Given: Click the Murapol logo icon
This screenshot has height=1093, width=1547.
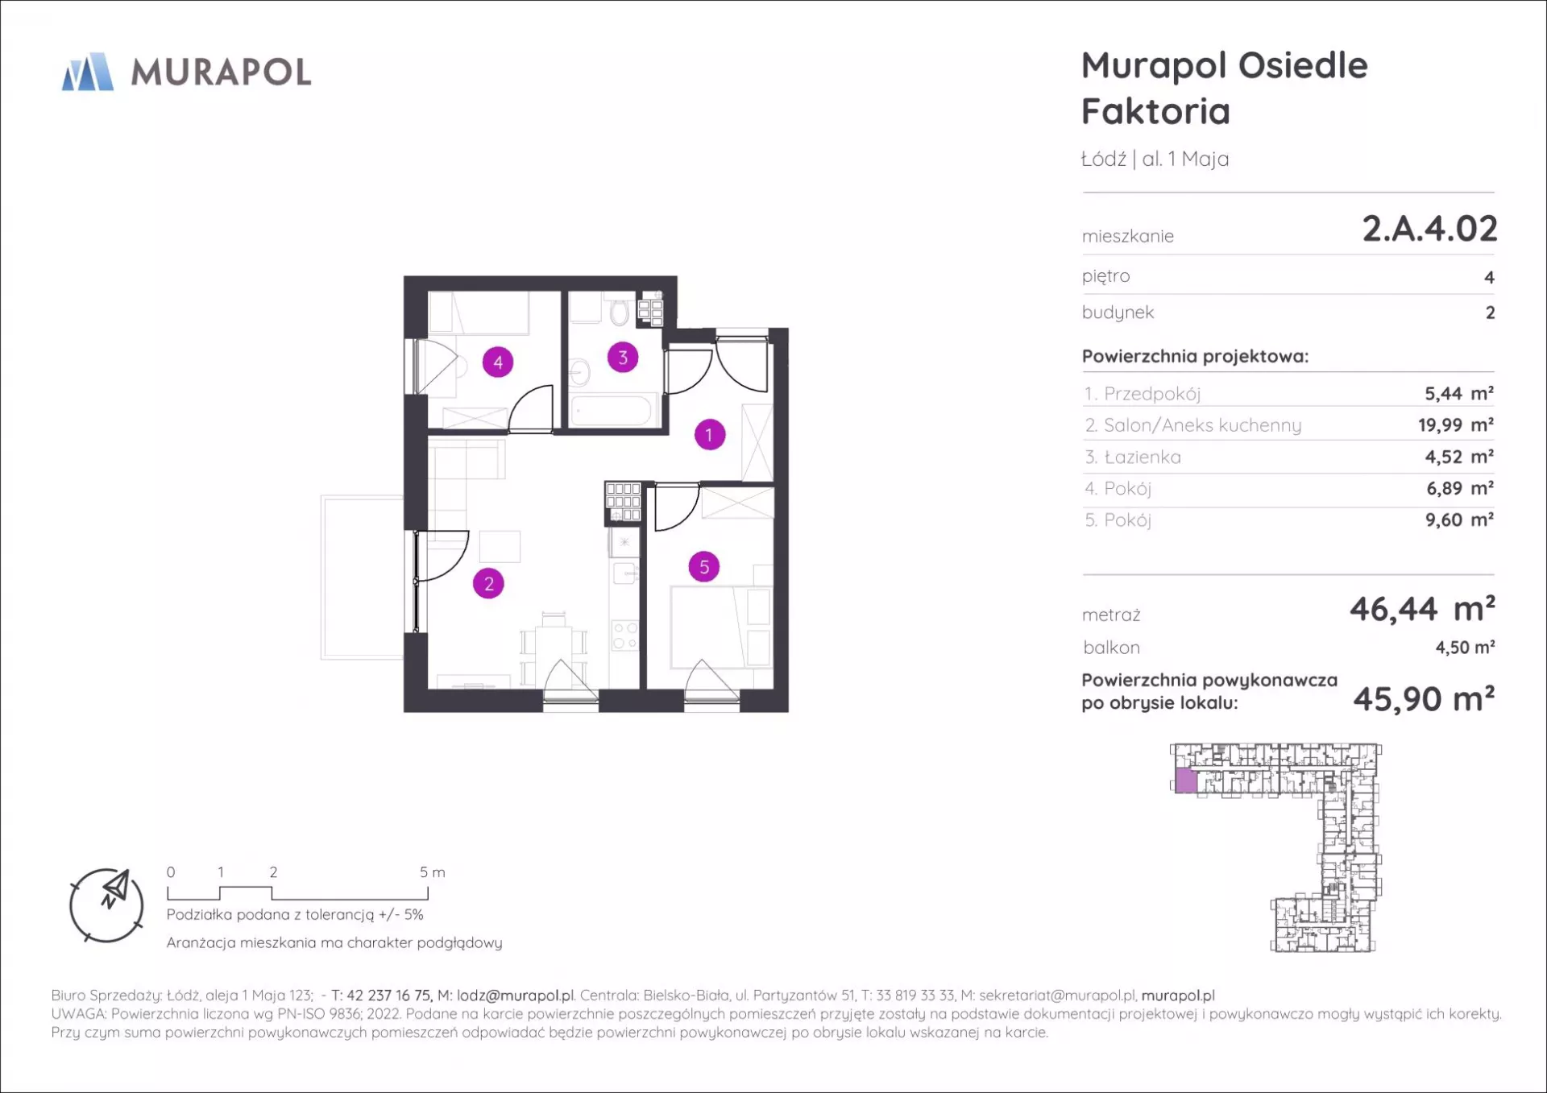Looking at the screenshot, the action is [x=88, y=72].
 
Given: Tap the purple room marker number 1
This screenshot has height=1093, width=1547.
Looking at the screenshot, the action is [x=709, y=435].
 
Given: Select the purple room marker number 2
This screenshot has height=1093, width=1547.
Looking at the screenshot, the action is [x=488, y=583].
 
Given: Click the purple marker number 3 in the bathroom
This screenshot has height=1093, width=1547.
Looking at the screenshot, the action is [x=622, y=357].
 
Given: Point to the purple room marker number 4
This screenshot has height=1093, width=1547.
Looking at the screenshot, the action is [x=498, y=362].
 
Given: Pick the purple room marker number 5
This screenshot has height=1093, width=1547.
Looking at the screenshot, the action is [x=704, y=567].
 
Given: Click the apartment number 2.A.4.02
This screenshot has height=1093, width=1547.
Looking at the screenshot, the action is [x=1429, y=229].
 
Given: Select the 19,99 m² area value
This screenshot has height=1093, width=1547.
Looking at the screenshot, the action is [x=1456, y=424].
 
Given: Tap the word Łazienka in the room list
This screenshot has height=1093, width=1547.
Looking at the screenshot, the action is [x=1143, y=457].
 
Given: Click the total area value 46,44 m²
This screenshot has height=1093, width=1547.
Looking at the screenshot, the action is [x=1422, y=609].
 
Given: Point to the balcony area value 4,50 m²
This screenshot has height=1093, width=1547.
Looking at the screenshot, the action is [x=1465, y=647].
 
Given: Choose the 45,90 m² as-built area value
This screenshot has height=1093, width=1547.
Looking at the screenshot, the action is [x=1424, y=698].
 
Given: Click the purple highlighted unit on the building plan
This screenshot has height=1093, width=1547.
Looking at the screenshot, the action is [x=1185, y=780].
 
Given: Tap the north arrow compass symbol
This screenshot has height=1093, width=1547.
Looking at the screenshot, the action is [x=107, y=905].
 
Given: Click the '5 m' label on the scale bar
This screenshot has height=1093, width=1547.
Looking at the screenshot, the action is [x=432, y=872].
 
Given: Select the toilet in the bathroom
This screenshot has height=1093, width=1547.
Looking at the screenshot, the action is [x=619, y=311].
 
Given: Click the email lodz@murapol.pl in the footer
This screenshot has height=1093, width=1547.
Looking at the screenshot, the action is [x=516, y=996].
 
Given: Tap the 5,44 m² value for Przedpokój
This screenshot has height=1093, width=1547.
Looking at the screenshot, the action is [x=1459, y=393].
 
